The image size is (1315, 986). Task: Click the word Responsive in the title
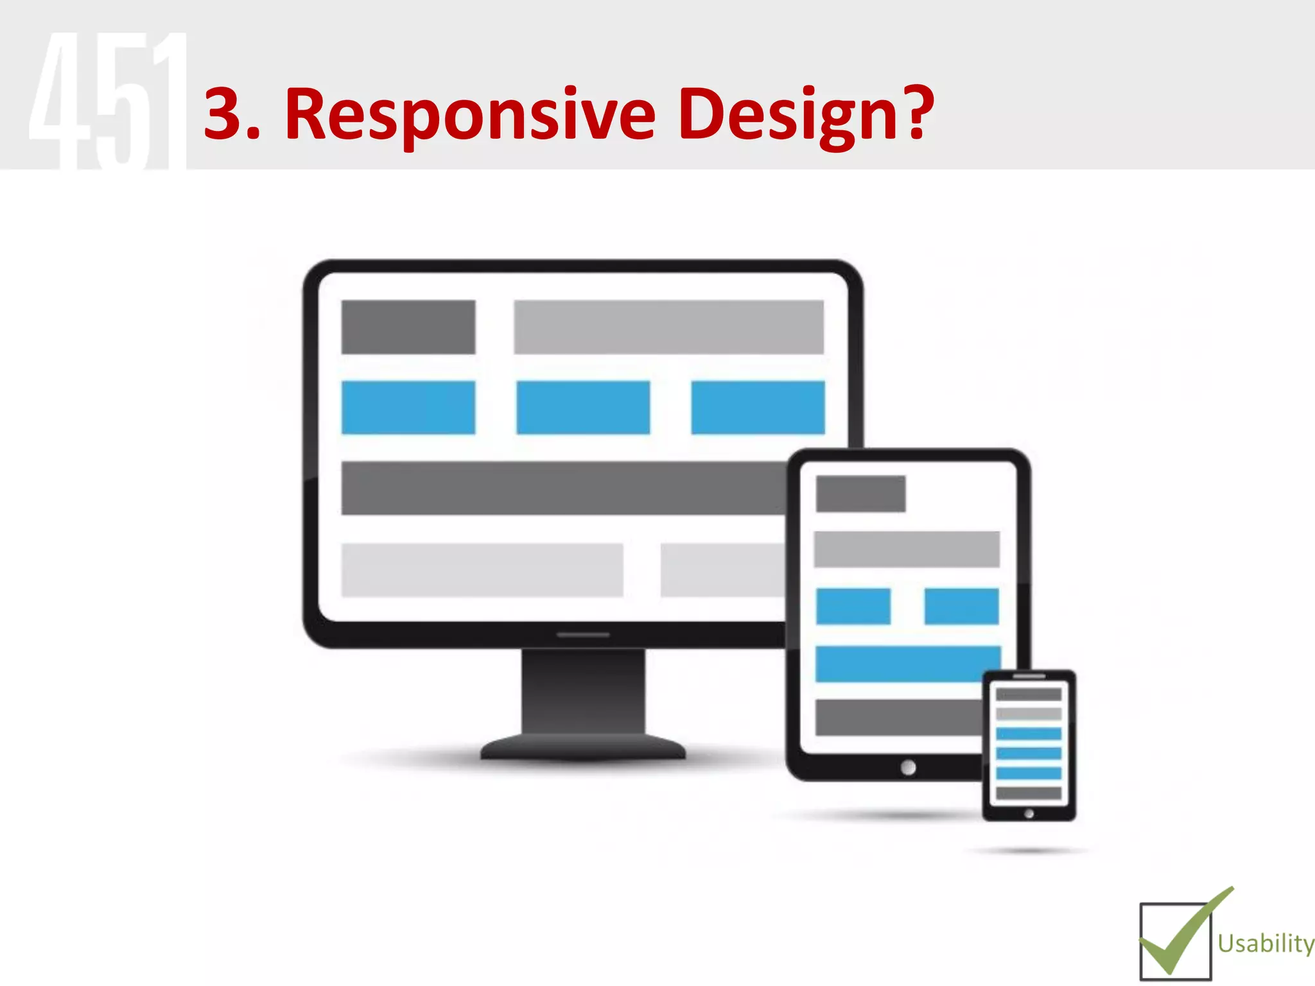470,116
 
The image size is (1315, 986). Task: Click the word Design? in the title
805,116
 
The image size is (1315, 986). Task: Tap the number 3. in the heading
231,116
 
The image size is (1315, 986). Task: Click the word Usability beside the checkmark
1265,944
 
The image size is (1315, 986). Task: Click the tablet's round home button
908,767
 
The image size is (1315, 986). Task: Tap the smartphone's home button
1029,813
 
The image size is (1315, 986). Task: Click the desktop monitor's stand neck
583,690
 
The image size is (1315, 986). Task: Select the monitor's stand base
583,748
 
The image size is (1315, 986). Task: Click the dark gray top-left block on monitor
408,327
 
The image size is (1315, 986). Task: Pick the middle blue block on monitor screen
583,408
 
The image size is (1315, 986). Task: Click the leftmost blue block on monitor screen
408,408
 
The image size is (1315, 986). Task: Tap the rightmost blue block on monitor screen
758,408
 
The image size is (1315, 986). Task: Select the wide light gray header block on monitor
668,327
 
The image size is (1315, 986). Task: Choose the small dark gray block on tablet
860,494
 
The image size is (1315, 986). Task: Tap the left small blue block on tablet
853,606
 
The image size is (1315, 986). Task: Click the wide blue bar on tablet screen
899,664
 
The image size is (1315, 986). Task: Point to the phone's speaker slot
1029,676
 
